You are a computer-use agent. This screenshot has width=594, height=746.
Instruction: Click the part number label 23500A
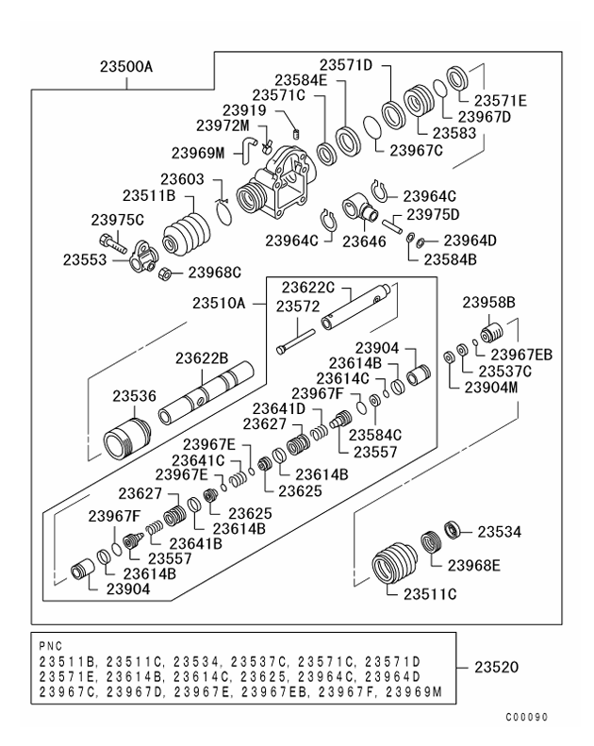[125, 68]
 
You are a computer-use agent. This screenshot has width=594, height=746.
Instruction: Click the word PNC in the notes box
[50, 647]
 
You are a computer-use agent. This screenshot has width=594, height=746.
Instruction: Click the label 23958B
[488, 303]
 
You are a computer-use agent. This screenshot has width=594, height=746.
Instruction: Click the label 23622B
[202, 358]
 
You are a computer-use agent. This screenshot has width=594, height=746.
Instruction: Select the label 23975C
[117, 220]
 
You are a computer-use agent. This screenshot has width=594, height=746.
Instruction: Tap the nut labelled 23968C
[162, 274]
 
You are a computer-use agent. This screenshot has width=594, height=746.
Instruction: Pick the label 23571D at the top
[346, 65]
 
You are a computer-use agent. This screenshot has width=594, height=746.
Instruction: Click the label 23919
[243, 109]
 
